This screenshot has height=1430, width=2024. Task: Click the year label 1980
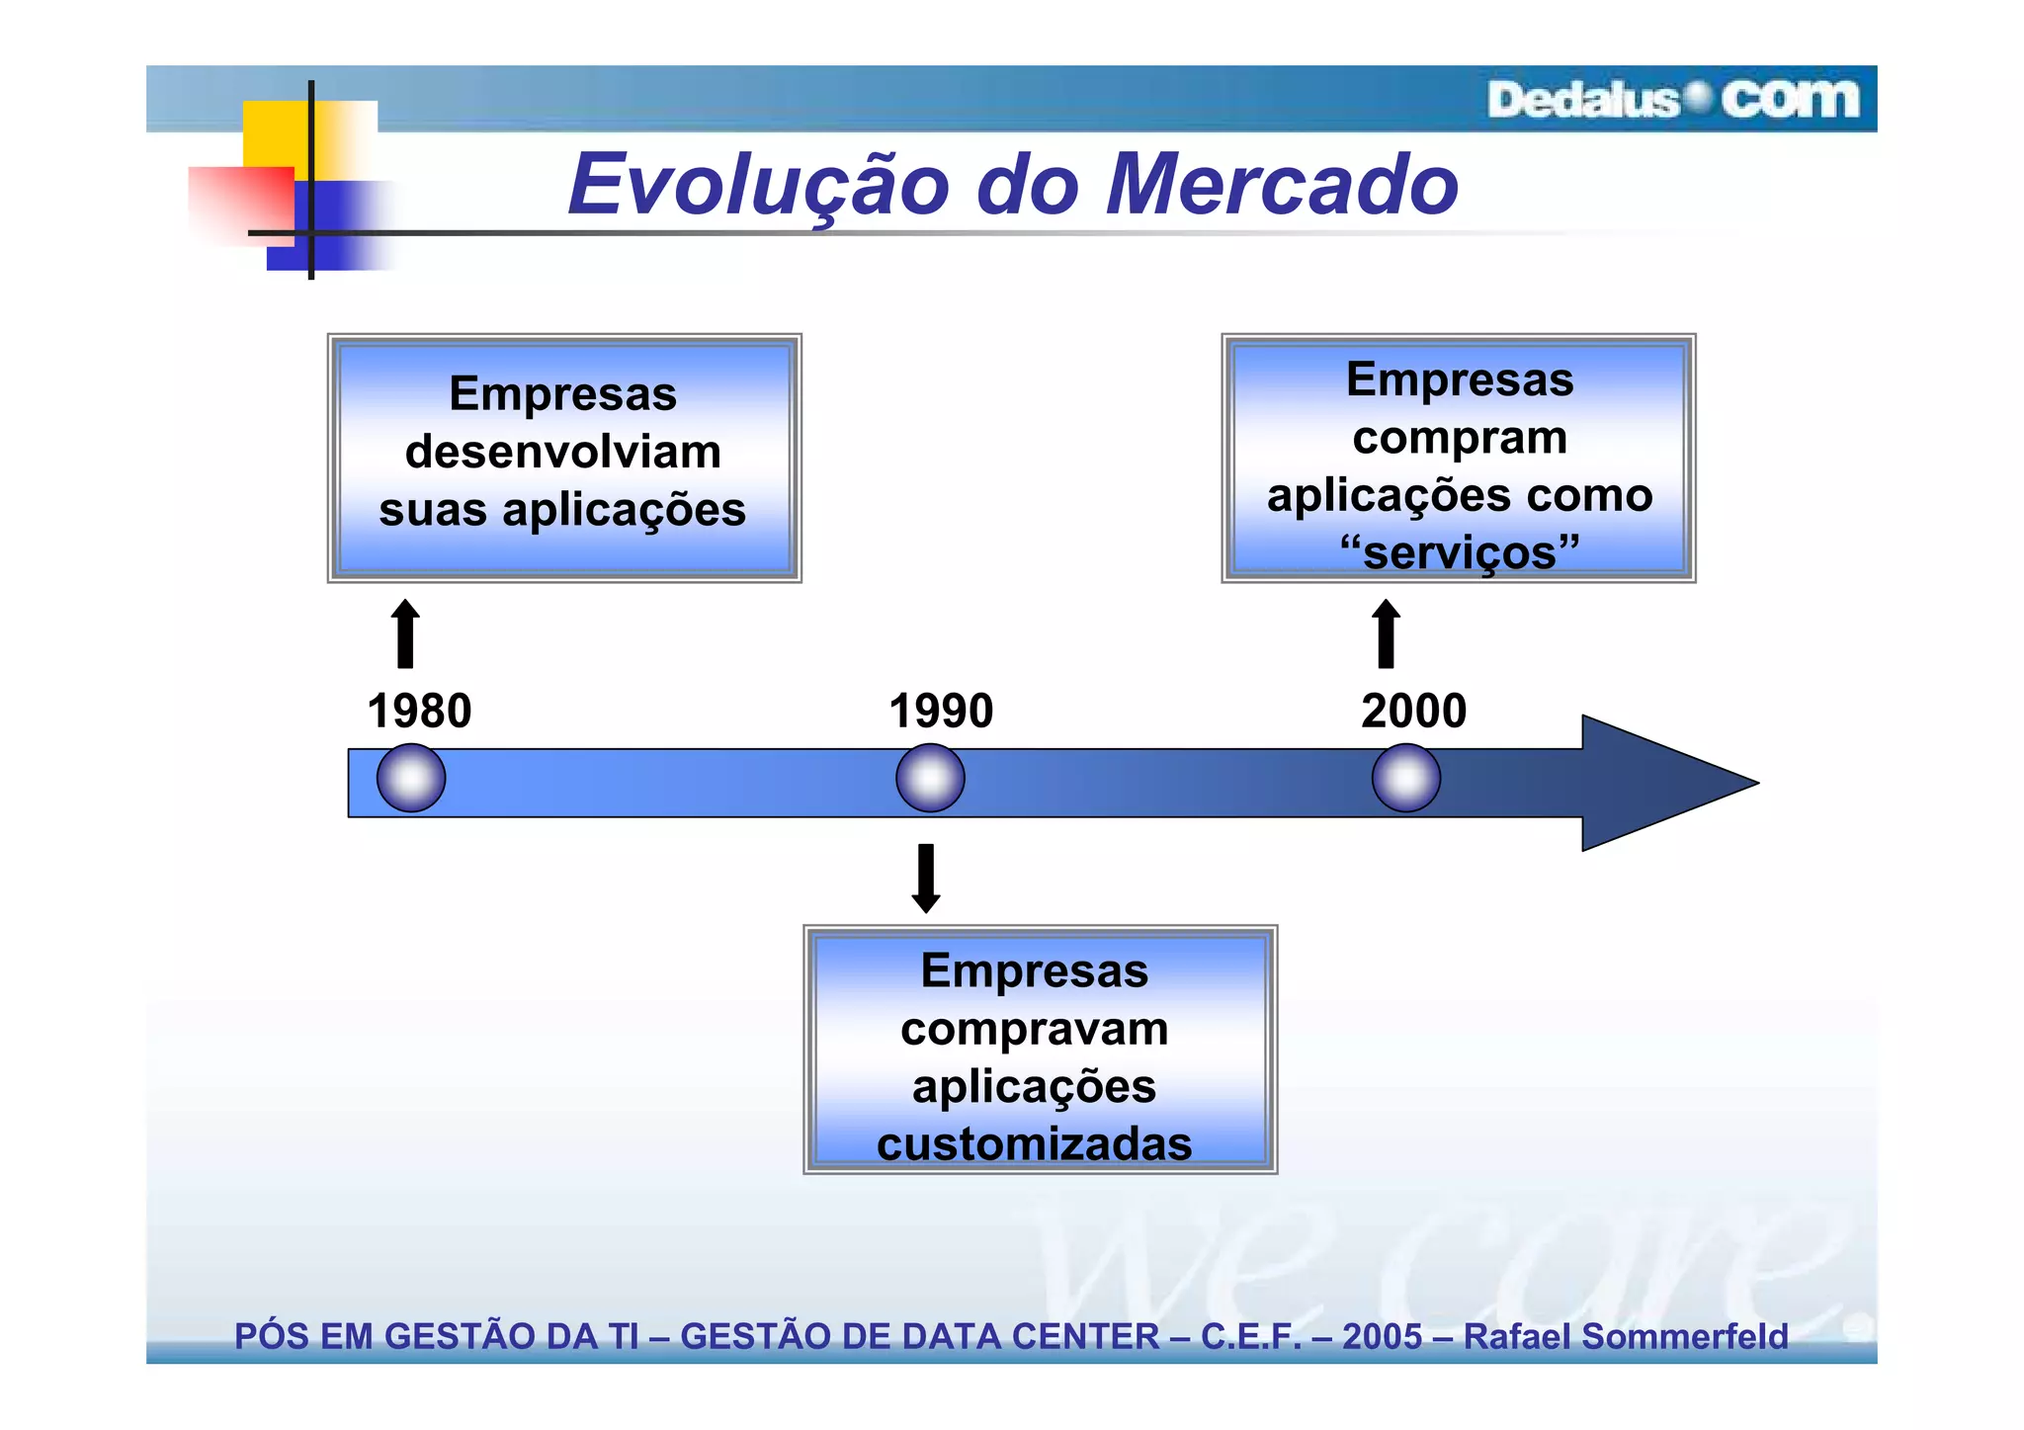click(x=419, y=711)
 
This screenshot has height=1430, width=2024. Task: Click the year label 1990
click(x=940, y=711)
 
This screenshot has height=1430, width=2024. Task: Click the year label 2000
click(x=1413, y=711)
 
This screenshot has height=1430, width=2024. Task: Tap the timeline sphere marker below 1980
click(x=411, y=779)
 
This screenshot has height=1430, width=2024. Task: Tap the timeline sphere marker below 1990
click(x=930, y=779)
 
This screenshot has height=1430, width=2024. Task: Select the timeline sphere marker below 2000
click(x=1405, y=779)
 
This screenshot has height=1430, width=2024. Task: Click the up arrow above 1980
click(x=405, y=634)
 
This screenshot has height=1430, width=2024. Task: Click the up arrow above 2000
click(x=1386, y=634)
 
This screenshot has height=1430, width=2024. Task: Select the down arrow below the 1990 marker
click(x=926, y=878)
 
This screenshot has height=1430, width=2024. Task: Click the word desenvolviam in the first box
click(x=562, y=453)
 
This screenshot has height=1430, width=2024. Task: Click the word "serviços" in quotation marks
click(x=1460, y=551)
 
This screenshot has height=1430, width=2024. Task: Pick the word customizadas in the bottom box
click(x=1034, y=1144)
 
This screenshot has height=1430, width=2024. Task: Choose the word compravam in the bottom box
click(x=1034, y=1030)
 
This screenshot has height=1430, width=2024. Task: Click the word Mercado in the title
click(x=1281, y=185)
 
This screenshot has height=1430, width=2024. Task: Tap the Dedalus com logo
click(x=1672, y=100)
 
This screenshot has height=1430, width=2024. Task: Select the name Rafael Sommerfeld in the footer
click(x=1625, y=1336)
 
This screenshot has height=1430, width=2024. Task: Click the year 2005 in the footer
click(x=1382, y=1336)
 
